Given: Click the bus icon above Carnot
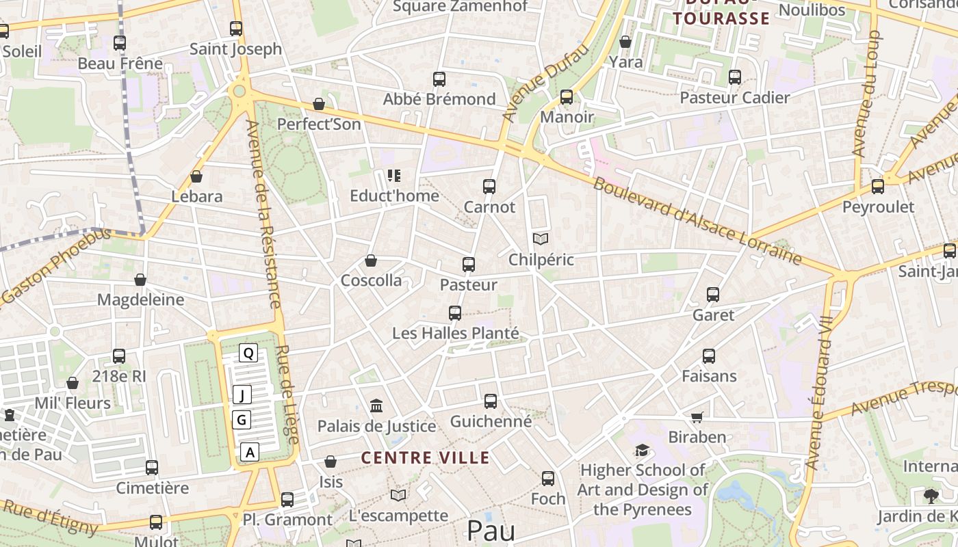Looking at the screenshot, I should point(489,186).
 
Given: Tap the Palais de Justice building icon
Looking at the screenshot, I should point(376,406).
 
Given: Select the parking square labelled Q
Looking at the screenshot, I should point(248,353).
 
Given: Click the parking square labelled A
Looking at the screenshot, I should point(250,452).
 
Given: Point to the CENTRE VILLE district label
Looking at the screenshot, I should point(425,457).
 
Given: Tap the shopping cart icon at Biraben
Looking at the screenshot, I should point(697,417).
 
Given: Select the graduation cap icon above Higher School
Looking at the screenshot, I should point(642,450).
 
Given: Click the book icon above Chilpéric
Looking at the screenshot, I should point(541,239).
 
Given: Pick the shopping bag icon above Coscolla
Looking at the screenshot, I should point(371,261).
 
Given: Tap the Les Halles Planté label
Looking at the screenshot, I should point(455,334).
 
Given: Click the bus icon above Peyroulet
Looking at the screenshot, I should point(878,186).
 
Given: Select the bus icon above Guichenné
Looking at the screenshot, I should point(491,401).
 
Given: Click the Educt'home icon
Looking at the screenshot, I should point(393,176).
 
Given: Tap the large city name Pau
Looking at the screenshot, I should point(490,531).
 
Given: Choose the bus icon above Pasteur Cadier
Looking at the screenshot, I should point(735,77).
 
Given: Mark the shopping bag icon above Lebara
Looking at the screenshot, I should point(196,176).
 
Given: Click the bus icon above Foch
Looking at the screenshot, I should point(548,479).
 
